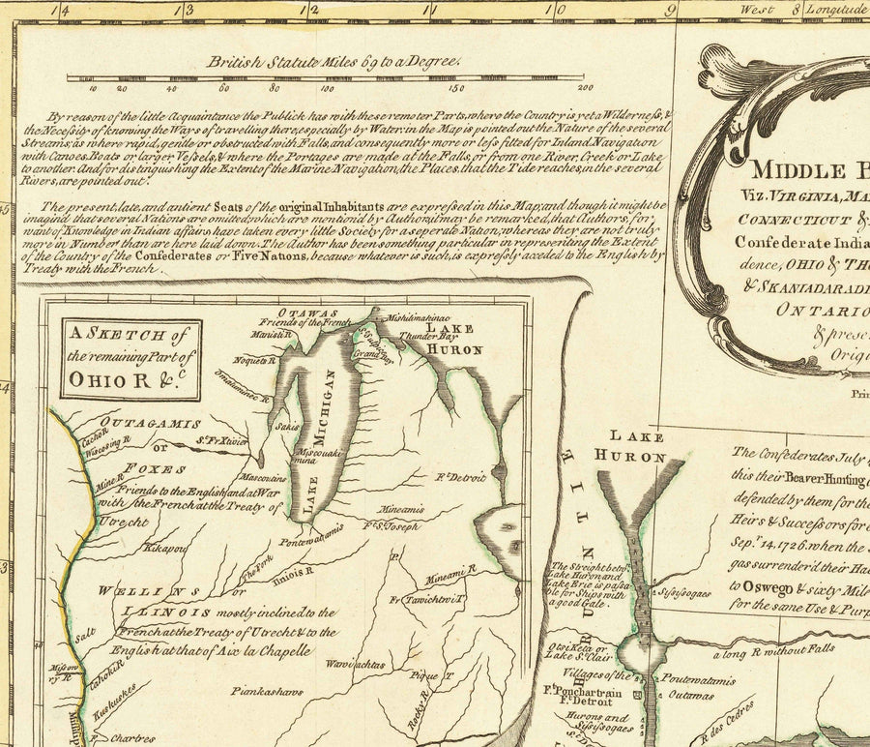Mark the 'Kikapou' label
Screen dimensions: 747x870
coord(164,548)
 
